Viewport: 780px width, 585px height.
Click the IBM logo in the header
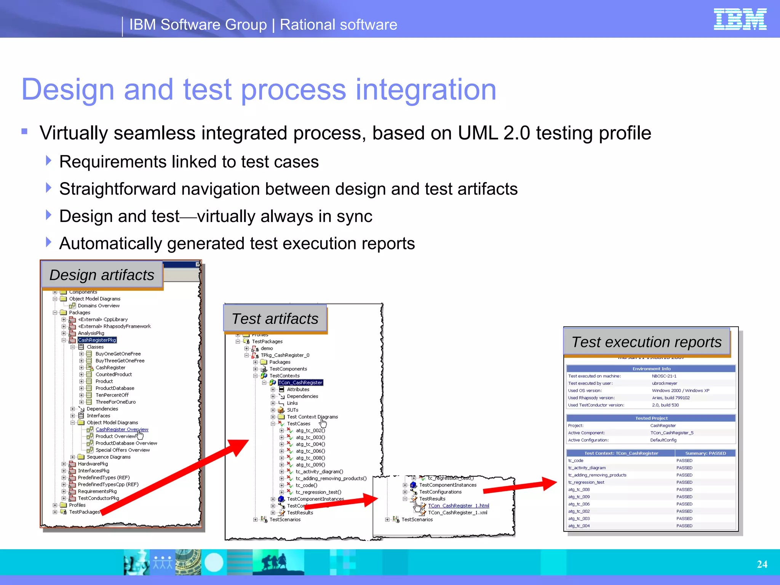coord(740,19)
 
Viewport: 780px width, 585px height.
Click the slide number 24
coord(762,564)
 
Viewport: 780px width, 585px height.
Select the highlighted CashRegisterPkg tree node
coord(97,340)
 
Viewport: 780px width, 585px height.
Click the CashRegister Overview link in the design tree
coord(121,429)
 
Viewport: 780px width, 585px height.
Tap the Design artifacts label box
coord(102,275)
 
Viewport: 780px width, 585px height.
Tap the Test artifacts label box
coord(275,319)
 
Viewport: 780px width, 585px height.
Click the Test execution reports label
coord(646,342)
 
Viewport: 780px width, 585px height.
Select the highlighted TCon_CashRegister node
coord(300,382)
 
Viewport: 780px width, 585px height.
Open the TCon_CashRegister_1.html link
coord(458,506)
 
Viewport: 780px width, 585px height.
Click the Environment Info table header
coord(651,369)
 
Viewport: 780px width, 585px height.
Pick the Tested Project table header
coord(651,418)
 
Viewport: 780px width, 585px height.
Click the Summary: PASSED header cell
coord(705,453)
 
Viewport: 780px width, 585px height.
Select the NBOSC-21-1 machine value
coord(664,376)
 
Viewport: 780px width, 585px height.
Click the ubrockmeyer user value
coord(664,383)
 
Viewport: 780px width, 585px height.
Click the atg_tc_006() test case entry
coord(310,451)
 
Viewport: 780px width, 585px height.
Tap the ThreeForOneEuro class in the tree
coord(115,402)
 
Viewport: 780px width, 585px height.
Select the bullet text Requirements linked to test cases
coord(189,162)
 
